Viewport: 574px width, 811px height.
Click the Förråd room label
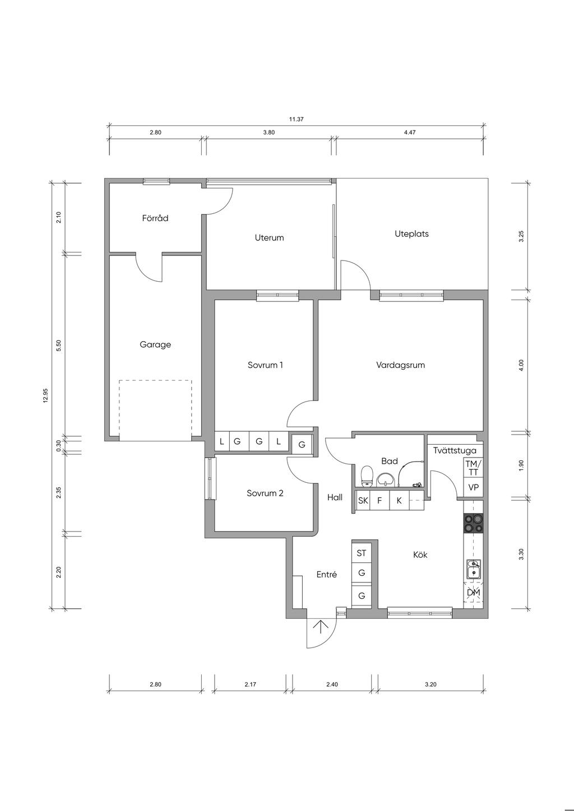pos(155,218)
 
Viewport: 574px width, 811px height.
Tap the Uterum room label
pos(269,238)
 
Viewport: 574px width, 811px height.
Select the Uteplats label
pos(411,234)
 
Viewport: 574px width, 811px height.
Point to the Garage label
pos(155,344)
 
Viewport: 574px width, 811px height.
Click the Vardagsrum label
pos(400,365)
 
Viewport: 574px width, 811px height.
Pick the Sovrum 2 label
pos(265,493)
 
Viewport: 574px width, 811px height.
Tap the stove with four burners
pos(473,524)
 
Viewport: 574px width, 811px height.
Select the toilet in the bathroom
pos(368,476)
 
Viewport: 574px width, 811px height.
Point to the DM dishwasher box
pos(473,593)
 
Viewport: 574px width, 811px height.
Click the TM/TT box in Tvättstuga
pos(473,468)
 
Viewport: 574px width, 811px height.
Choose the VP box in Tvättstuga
pos(473,488)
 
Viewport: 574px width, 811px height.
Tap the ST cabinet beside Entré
pos(362,553)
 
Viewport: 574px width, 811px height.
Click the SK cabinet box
pos(363,501)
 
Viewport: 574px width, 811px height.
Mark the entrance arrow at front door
pos(321,627)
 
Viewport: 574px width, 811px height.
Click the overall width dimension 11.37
pos(296,119)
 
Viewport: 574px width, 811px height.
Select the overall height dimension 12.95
pos(46,395)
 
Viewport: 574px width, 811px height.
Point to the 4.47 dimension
pos(410,133)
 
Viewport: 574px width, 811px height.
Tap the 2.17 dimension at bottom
pos(251,684)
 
